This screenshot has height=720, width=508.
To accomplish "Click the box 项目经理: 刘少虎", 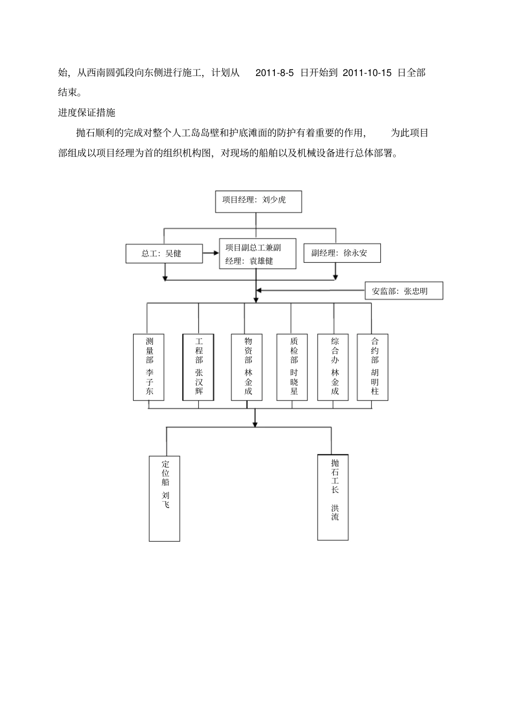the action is coord(258,201).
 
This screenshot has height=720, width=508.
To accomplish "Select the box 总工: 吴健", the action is coord(164,254).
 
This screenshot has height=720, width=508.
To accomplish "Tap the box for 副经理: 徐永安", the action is coord(342,253).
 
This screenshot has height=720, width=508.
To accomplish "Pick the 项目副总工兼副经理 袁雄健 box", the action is coord(258,254).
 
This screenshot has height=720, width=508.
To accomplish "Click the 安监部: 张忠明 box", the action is coord(404,291).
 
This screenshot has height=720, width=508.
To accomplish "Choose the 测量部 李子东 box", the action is coord(149,367).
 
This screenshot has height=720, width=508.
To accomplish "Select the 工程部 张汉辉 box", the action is coord(198,367).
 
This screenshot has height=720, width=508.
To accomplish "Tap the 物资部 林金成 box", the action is coord(247,367).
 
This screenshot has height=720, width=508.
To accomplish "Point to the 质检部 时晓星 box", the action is coord(292,367).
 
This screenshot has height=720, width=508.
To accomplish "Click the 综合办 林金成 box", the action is coord(333,367).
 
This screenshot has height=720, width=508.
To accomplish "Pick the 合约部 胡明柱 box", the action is coord(373,367).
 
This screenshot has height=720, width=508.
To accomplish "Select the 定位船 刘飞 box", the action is coord(164,498).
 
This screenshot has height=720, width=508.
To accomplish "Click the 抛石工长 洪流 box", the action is coord(333,497).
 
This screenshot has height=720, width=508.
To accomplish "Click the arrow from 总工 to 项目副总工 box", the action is coord(211,253).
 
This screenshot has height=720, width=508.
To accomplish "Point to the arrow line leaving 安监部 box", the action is coord(311,291).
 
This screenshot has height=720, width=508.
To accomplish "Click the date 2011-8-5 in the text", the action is coord(274,73).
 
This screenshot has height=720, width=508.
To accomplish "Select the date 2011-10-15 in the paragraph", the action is coord(367,73).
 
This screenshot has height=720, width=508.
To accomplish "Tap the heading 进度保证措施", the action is coord(87,113).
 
